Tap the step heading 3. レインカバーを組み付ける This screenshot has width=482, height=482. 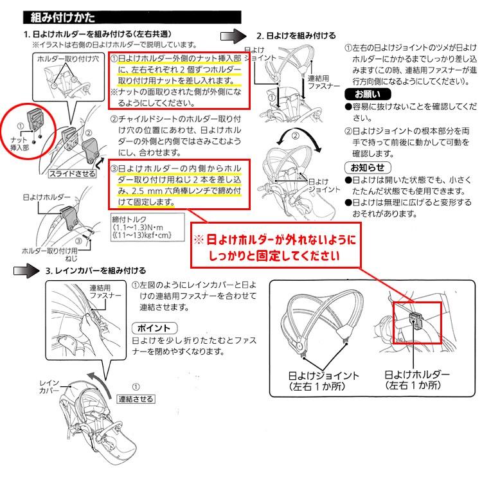pos(96,271)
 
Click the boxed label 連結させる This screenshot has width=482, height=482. pos(136,398)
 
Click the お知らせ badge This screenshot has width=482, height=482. pos(364,169)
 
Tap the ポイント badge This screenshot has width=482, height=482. pos(154,326)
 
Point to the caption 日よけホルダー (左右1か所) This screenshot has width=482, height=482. pos(417,379)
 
